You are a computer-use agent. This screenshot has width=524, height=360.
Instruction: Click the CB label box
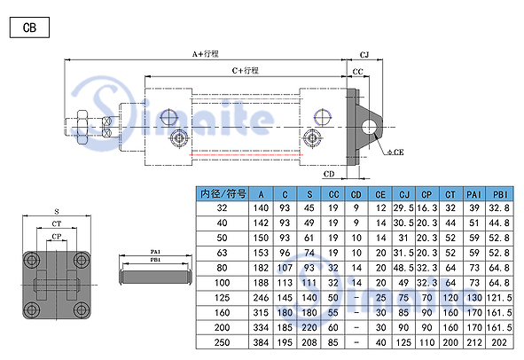29,27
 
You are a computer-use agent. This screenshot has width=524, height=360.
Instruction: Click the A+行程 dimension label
206,54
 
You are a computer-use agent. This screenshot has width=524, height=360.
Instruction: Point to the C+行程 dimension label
246,71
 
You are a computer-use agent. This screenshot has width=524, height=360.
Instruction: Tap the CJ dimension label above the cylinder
364,55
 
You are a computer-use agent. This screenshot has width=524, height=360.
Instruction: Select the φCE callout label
395,153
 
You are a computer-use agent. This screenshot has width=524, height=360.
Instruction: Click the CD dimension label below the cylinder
329,174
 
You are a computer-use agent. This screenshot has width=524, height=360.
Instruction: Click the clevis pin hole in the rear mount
369,127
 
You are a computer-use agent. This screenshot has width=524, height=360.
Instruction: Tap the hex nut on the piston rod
82,128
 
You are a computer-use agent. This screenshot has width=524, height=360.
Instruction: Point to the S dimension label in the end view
57,212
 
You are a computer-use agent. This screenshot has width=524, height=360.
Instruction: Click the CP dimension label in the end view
57,237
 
